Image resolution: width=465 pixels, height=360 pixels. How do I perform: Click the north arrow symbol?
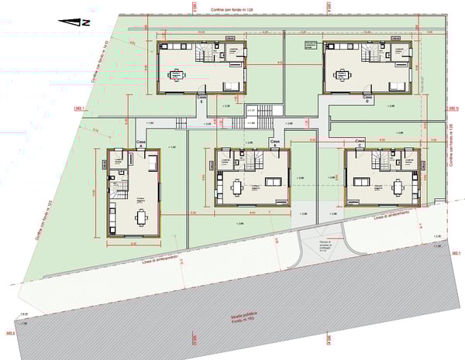click(x=77, y=22)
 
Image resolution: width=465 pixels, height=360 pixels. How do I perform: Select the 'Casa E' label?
click(x=201, y=99)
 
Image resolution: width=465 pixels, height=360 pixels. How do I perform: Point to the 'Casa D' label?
click(x=367, y=98)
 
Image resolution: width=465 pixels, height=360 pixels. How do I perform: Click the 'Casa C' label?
click(x=360, y=142)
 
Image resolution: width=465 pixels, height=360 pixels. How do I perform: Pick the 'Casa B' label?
click(x=274, y=142)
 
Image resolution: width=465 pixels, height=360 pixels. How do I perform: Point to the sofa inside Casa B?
click(x=273, y=182)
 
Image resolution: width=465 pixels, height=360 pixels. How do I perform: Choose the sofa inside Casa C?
click(x=360, y=183)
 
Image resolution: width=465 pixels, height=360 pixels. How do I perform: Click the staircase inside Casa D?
click(x=370, y=53)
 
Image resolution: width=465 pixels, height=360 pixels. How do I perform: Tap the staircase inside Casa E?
click(x=205, y=53)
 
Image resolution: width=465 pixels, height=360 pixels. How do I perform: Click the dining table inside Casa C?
click(x=398, y=187)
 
